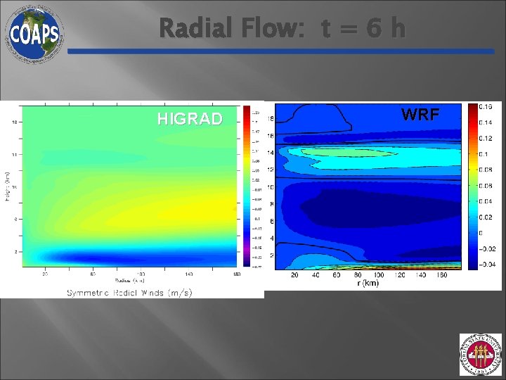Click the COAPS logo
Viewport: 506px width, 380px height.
coord(34,33)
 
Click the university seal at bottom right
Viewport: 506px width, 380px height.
coord(481,355)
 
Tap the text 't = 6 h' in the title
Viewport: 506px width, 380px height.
coord(363,29)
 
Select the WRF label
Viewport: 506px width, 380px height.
coord(420,115)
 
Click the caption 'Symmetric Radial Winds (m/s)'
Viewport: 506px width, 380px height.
coord(129,292)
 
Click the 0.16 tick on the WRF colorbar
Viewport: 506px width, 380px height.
coord(486,106)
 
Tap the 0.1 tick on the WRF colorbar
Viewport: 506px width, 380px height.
coord(484,154)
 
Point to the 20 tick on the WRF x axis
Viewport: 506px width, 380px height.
coord(294,275)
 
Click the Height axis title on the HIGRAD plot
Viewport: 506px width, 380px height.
coord(7,186)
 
